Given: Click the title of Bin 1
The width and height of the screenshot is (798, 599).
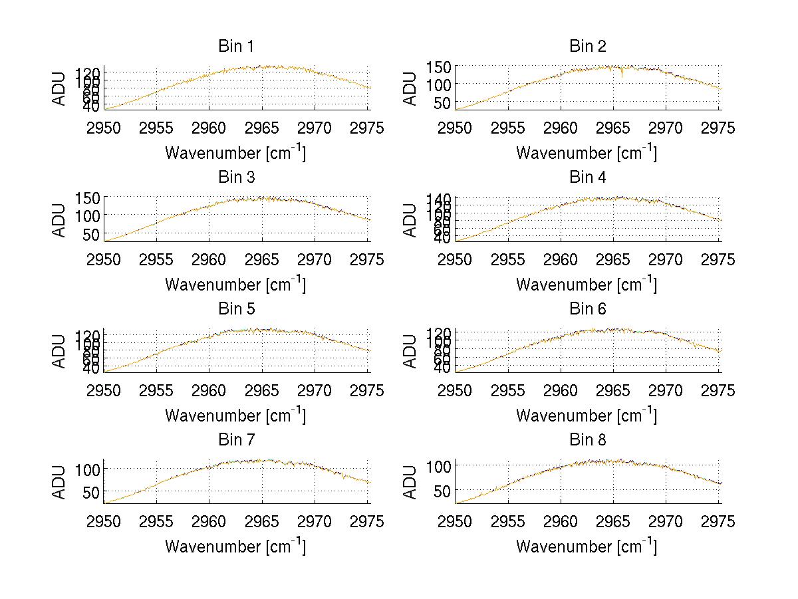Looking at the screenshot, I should (236, 47).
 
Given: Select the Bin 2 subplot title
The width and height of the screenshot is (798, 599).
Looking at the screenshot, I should (588, 47).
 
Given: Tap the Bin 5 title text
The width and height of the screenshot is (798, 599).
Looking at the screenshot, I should (236, 309).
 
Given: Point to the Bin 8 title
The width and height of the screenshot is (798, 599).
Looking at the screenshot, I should (588, 440).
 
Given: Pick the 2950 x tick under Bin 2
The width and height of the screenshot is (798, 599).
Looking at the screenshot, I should (456, 128).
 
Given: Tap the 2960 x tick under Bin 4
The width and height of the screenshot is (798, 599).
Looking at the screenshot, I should (561, 259).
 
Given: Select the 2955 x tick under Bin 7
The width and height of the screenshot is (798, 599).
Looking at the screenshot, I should (157, 522).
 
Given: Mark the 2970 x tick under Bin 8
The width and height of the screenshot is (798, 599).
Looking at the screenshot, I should (666, 522).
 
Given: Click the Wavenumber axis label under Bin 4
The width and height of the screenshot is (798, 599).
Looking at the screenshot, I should (587, 284).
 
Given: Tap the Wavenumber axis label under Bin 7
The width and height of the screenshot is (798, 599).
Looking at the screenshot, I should (235, 546).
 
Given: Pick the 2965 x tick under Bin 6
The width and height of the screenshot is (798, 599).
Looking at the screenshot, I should (614, 391).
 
